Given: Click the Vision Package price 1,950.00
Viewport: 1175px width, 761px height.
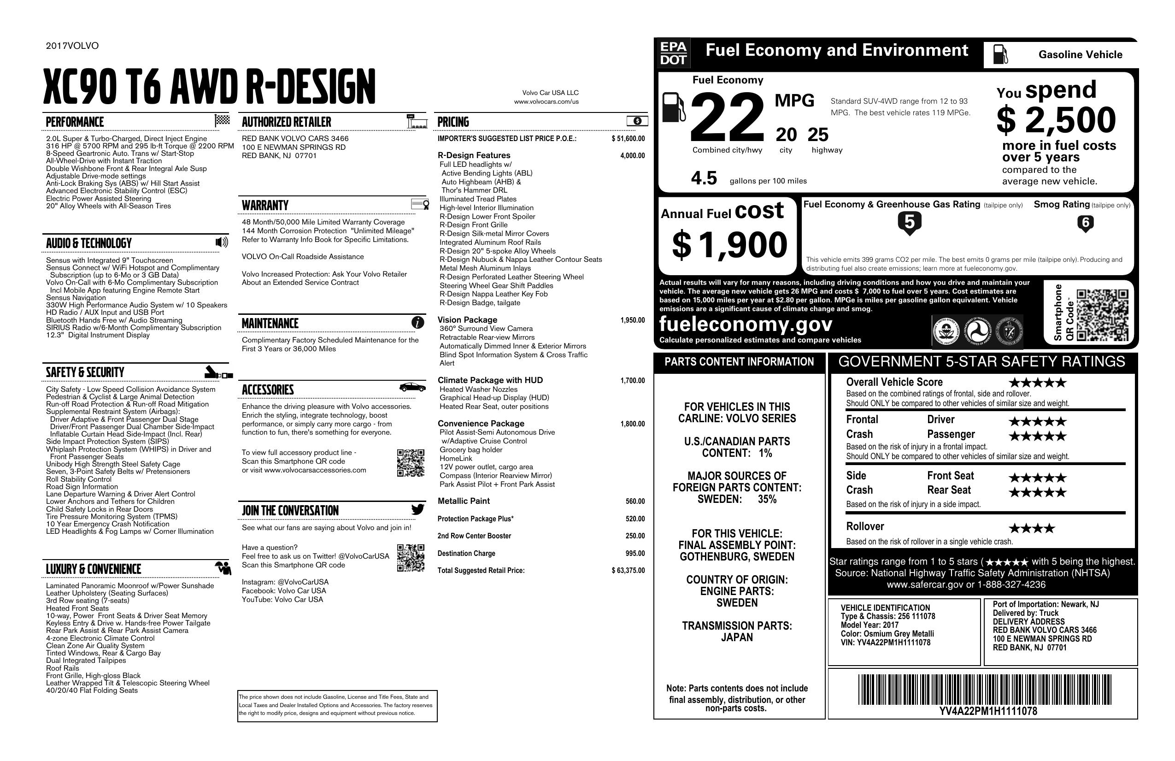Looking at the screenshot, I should tap(632, 320).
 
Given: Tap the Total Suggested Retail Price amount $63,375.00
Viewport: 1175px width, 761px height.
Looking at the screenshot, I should tap(628, 570).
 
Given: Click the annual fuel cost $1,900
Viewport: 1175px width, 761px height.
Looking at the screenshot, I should tap(729, 245).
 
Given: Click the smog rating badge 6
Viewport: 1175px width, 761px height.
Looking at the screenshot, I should tap(1085, 224).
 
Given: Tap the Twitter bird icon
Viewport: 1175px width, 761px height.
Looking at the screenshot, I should tap(417, 509).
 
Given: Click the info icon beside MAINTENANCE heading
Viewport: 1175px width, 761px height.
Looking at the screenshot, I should tap(417, 323).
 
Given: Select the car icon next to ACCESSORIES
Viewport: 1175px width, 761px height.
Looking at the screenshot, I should tap(412, 387).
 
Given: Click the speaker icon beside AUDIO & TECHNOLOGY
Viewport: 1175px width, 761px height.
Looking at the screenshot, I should tap(222, 242).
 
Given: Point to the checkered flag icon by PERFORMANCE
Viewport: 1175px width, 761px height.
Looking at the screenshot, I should tap(222, 120).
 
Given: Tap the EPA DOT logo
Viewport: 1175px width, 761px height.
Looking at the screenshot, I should tap(673, 53).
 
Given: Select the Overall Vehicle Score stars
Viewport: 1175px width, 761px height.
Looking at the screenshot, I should tap(1037, 383).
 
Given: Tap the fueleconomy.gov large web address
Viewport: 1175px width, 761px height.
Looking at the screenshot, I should tap(746, 324).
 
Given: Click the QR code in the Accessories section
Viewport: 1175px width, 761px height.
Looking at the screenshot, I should tap(410, 463).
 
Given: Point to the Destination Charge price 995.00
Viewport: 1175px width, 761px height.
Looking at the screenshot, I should tap(635, 553).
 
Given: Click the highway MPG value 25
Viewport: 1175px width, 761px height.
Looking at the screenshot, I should tap(818, 134).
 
